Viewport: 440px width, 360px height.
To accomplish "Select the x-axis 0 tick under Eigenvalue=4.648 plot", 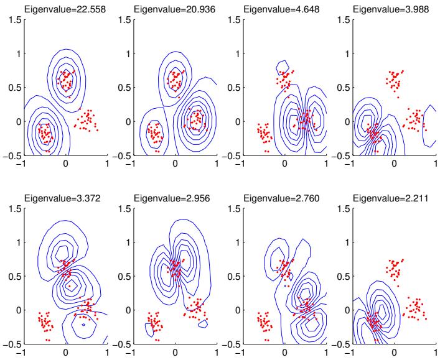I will [284, 163].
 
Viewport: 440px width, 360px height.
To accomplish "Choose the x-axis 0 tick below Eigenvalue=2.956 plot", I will [175, 352].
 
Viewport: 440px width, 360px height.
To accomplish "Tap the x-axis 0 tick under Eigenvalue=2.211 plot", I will [394, 352].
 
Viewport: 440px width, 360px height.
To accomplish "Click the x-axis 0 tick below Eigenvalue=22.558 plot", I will [65, 163].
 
